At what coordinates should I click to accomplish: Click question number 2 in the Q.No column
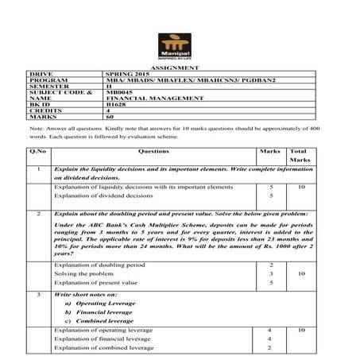point(38,215)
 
